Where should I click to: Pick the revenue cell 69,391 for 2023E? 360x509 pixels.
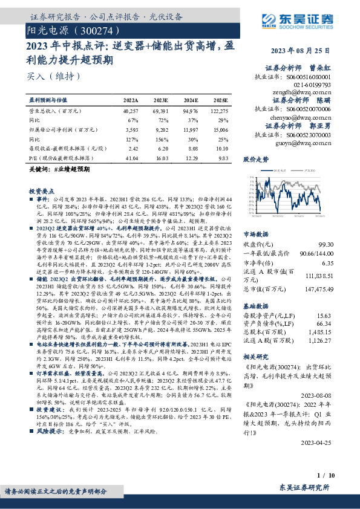[161, 112]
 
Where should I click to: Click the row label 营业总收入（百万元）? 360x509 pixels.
[56, 112]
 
